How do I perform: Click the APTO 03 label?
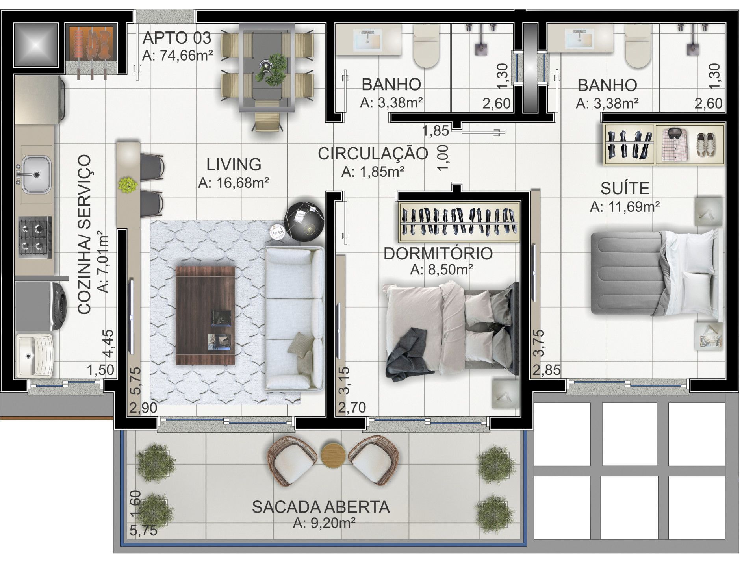177,38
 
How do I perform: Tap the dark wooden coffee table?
205,315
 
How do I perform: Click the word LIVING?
234,165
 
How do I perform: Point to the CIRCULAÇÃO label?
373,154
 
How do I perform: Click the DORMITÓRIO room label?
438,254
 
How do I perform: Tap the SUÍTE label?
625,189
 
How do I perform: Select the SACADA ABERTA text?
321,507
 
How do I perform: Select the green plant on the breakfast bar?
128,184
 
